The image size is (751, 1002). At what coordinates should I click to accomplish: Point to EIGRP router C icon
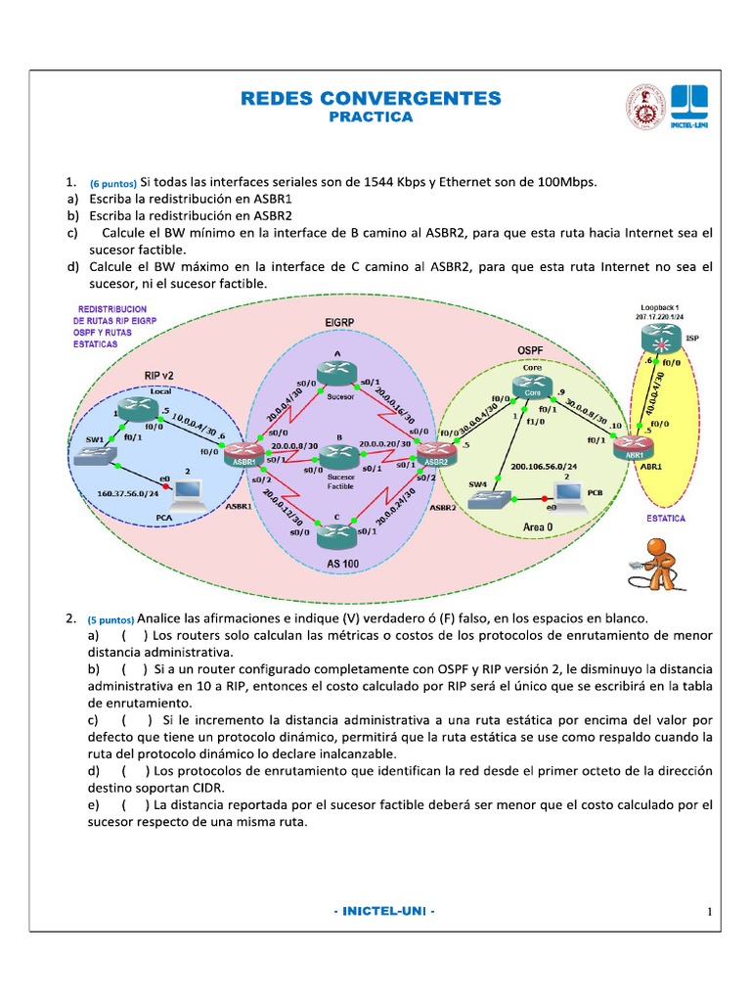coord(338,534)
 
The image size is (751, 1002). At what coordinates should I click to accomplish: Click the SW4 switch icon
coord(486,498)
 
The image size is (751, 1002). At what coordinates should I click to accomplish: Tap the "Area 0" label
coord(539,526)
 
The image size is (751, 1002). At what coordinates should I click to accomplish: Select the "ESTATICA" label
coord(666,518)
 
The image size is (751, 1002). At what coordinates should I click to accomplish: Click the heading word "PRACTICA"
coord(371,117)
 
